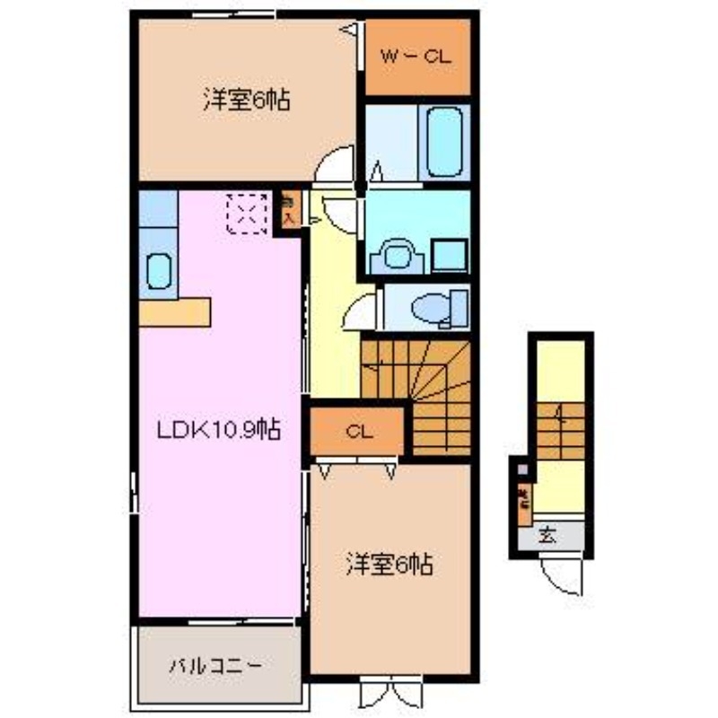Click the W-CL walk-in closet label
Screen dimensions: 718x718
417,57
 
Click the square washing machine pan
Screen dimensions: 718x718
448,255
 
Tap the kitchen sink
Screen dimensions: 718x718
158,271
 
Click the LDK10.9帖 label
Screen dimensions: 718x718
219,430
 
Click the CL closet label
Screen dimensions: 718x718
359,433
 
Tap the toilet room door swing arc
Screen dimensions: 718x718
361,312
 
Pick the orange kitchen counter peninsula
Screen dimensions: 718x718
175,311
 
